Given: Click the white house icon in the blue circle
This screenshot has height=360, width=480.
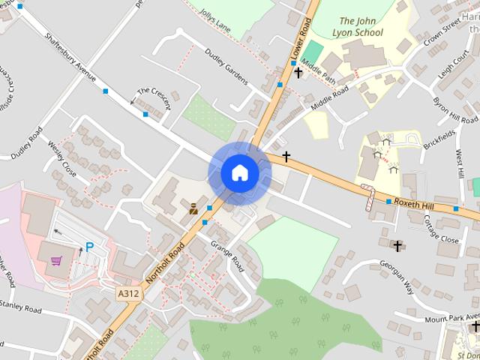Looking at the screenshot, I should (239, 172).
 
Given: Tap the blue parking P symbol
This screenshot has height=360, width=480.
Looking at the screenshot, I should (89, 247).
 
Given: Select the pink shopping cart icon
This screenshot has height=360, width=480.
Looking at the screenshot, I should (56, 261).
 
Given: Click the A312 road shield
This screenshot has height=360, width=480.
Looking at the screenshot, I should (127, 294).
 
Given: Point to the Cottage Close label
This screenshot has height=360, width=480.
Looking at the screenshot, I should (440, 228).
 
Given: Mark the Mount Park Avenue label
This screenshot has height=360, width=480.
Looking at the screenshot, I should (451, 317).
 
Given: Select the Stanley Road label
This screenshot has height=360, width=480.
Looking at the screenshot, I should (20, 307).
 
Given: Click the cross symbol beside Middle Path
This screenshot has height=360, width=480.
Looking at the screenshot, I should (298, 73).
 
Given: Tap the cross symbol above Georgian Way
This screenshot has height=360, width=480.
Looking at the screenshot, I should (397, 245).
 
